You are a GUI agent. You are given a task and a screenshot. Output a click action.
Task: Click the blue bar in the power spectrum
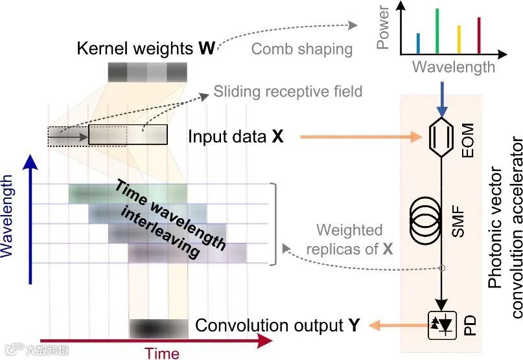point(418,43)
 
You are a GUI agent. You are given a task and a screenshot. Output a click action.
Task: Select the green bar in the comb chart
point(437,31)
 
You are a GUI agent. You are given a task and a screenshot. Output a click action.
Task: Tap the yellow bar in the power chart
point(459,39)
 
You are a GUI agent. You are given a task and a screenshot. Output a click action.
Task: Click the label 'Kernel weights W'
point(146,49)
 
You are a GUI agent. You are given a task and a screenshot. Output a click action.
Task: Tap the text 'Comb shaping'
point(301,49)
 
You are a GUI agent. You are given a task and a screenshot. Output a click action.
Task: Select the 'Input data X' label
point(236,137)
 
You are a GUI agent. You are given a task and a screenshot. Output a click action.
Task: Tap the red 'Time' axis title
point(162,352)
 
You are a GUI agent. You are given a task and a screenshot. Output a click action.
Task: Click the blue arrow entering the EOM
point(441,96)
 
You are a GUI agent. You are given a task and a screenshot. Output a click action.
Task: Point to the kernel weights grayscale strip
point(147,71)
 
